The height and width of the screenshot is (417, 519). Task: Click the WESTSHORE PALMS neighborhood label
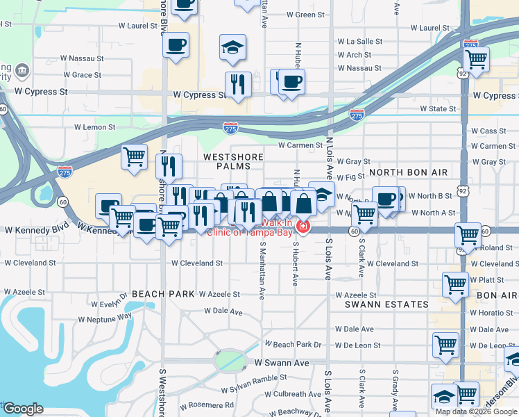tap(230, 157)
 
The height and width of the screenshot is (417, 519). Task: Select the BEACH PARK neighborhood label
tap(163, 294)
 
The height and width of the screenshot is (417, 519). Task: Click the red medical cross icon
tap(303, 227)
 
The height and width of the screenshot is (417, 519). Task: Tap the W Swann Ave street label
tap(282, 363)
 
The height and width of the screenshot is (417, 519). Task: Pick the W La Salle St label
tap(359, 42)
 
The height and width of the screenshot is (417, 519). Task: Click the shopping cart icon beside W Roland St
tap(468, 235)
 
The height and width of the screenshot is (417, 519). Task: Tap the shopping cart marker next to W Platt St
tap(455, 283)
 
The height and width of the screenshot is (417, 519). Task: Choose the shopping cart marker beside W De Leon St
tap(445, 343)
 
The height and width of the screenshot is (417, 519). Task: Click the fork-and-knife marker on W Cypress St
tap(238, 84)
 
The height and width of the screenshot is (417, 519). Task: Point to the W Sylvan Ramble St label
tap(254, 377)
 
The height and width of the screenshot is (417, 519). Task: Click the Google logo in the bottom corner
tap(22, 409)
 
